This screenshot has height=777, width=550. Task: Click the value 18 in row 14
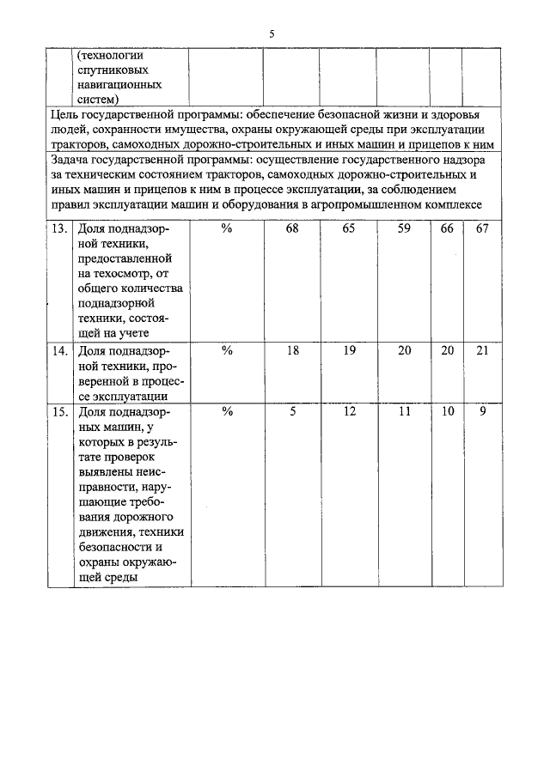[291, 350]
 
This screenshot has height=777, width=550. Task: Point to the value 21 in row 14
[482, 350]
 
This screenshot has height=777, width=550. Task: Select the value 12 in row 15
[348, 411]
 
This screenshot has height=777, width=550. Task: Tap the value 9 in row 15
[482, 411]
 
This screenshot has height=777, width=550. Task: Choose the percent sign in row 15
[227, 411]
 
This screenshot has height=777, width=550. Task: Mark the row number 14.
[59, 350]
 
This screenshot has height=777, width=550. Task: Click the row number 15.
[59, 411]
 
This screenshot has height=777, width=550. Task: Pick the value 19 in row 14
[348, 350]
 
